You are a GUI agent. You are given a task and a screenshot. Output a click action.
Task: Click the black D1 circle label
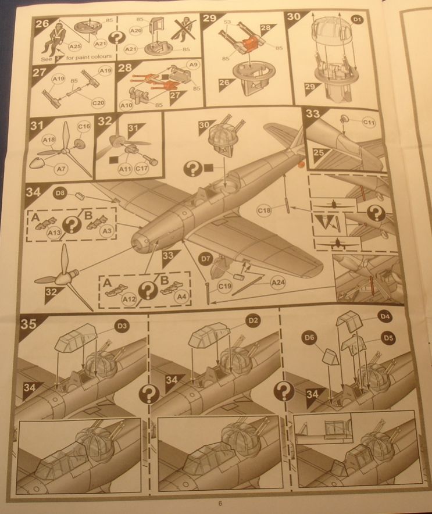tap(358, 21)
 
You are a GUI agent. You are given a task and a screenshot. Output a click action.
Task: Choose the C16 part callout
tap(83, 126)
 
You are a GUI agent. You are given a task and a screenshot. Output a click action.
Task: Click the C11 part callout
tap(370, 123)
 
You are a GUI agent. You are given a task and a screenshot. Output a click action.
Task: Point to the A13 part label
tap(54, 233)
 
